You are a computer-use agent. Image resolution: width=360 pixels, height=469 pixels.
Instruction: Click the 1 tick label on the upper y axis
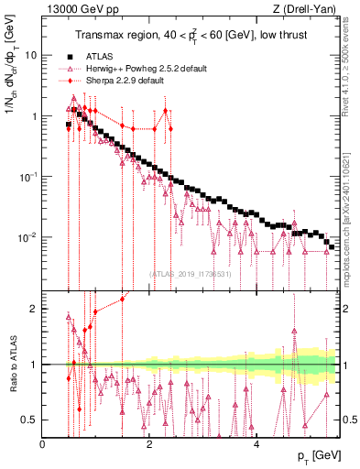pos(33,116)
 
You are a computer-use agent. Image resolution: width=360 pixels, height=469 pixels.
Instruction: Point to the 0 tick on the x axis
pos(42,444)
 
